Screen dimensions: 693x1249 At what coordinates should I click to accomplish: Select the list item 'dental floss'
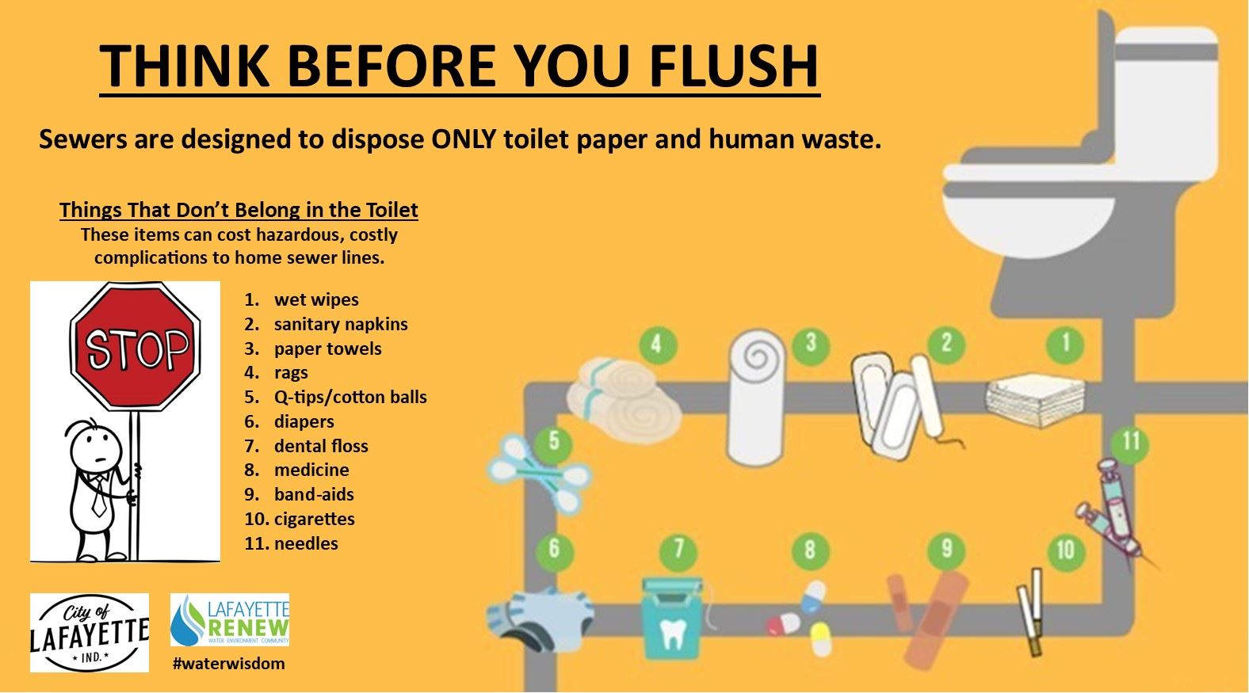pos(321,446)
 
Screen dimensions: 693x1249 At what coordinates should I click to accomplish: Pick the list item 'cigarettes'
pos(314,519)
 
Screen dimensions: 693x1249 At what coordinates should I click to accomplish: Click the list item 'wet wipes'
pos(316,299)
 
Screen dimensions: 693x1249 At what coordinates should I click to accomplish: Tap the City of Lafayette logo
pos(90,633)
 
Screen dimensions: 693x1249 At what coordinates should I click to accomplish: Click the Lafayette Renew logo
pos(230,620)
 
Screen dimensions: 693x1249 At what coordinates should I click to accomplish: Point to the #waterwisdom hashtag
pos(229,664)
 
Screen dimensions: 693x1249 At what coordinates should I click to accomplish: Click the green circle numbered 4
pos(655,345)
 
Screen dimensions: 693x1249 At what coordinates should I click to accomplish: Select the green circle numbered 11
pos(1131,441)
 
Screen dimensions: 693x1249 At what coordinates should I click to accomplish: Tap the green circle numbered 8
pos(809,550)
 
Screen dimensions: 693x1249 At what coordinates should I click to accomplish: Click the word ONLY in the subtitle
pos(464,139)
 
